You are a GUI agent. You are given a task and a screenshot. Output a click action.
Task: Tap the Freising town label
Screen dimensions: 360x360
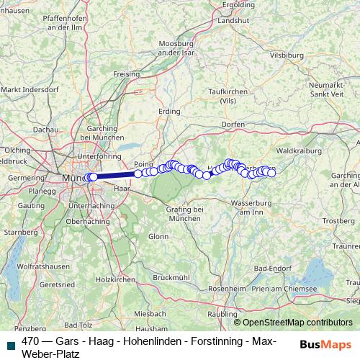[127, 73]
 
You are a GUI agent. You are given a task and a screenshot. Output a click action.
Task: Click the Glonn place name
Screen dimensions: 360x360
[158, 236]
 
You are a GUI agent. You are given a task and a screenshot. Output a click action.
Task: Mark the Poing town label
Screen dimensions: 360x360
[143, 163]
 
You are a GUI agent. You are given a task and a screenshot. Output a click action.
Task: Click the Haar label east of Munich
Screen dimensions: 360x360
[120, 188]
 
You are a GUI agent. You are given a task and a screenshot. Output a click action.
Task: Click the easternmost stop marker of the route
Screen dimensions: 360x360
[271, 173]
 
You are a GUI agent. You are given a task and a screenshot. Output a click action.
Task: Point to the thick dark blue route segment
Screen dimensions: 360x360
[115, 175]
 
